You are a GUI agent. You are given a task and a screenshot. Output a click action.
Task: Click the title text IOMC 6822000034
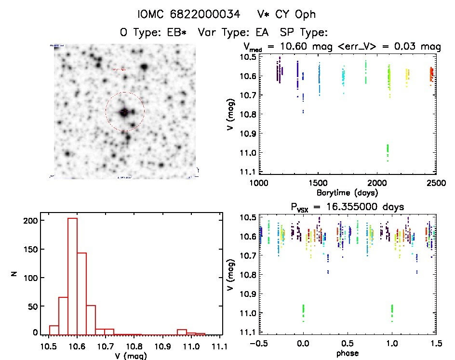pos(188,14)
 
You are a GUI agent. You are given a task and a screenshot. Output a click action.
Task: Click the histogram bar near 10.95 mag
pos(182,332)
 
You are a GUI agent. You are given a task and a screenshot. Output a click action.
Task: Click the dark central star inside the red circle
pos(124,112)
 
